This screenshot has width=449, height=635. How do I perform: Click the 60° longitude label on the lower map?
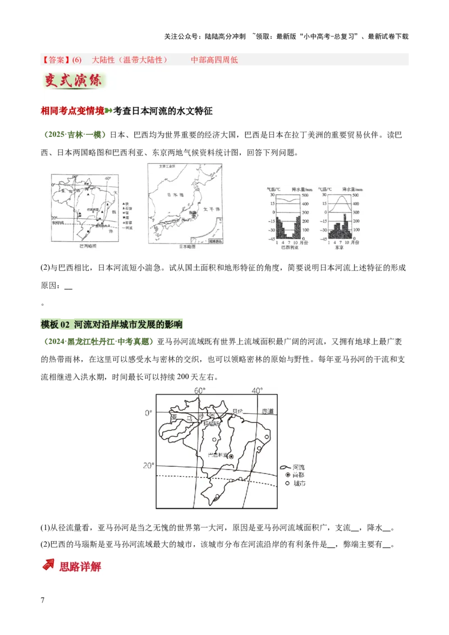coord(200,390)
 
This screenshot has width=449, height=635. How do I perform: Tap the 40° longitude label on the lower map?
coord(257,390)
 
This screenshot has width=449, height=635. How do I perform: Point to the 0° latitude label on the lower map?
coord(149,413)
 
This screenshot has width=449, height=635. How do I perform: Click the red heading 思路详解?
coord(80,567)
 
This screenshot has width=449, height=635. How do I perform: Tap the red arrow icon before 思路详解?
coord(49,565)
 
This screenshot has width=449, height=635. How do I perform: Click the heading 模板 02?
coord(56,324)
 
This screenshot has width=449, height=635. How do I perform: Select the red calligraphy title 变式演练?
coord(74,81)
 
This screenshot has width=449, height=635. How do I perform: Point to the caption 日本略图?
coord(187,246)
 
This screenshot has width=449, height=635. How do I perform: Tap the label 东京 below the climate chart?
coord(339,246)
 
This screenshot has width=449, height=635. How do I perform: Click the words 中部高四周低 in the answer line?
coord(214,59)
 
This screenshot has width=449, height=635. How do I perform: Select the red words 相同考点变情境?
coord(72,111)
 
